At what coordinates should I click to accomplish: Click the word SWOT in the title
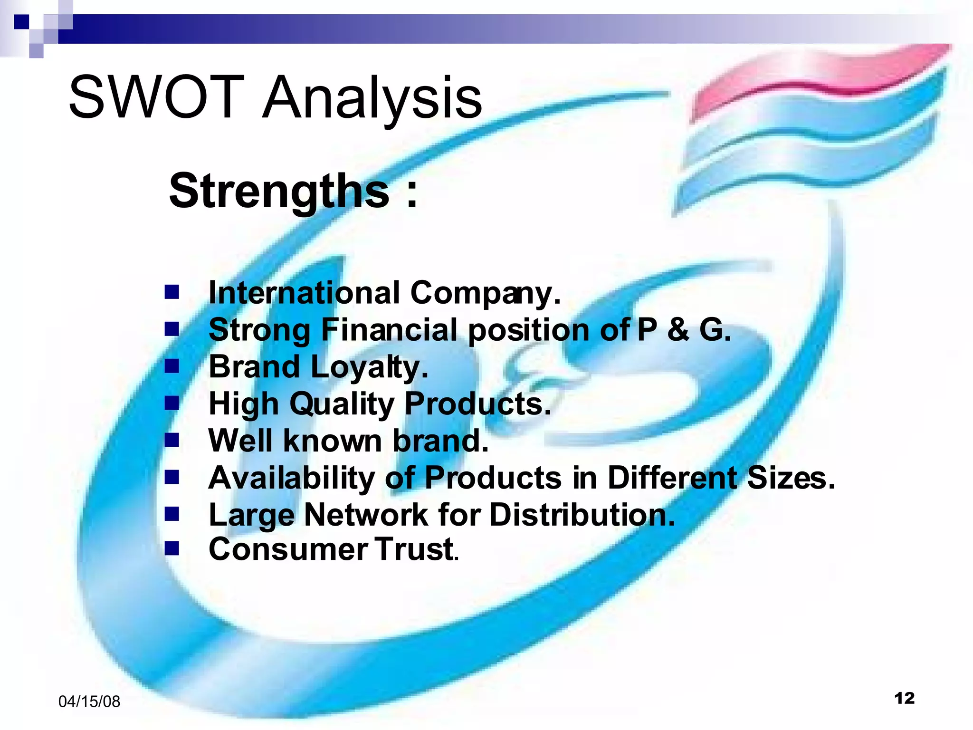click(157, 97)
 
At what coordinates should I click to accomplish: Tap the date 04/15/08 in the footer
click(89, 701)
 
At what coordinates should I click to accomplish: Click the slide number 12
click(904, 698)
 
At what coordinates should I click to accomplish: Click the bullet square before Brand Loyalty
click(172, 366)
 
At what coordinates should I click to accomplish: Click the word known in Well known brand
click(333, 441)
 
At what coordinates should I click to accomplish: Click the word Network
click(366, 515)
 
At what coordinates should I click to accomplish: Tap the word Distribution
click(582, 515)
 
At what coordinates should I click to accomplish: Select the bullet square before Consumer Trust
click(172, 549)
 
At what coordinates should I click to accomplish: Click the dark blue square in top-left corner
click(21, 22)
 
